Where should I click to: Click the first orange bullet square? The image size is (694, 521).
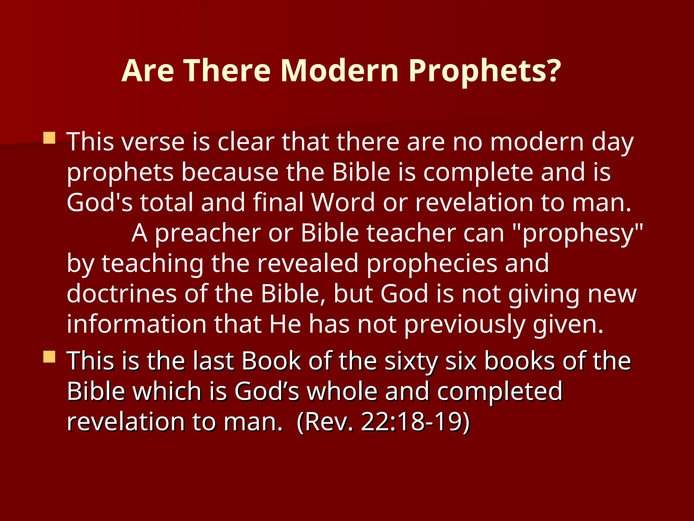[49, 138]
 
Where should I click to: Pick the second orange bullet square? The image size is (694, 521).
[49, 357]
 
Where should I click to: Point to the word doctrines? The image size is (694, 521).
[122, 294]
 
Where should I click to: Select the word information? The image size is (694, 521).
[136, 324]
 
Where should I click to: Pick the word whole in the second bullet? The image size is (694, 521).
[342, 391]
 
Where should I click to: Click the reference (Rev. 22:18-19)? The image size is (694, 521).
[383, 422]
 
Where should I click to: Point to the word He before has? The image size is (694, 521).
[285, 324]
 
